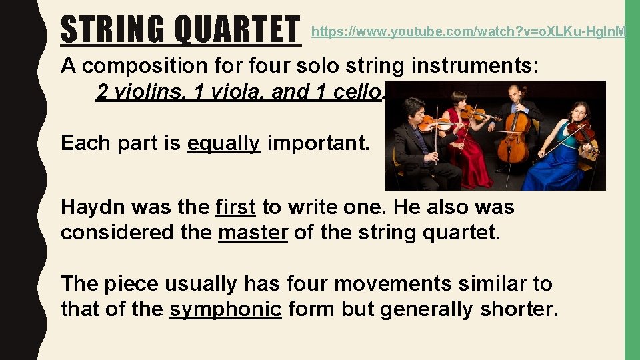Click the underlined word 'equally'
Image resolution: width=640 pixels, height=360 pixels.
coord(223,143)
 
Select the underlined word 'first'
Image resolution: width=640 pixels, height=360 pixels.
coord(235,207)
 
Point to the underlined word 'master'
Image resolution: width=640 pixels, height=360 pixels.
coord(253,233)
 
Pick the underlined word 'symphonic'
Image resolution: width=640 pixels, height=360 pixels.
coord(225,309)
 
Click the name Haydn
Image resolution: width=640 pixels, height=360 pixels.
coord(93,207)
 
